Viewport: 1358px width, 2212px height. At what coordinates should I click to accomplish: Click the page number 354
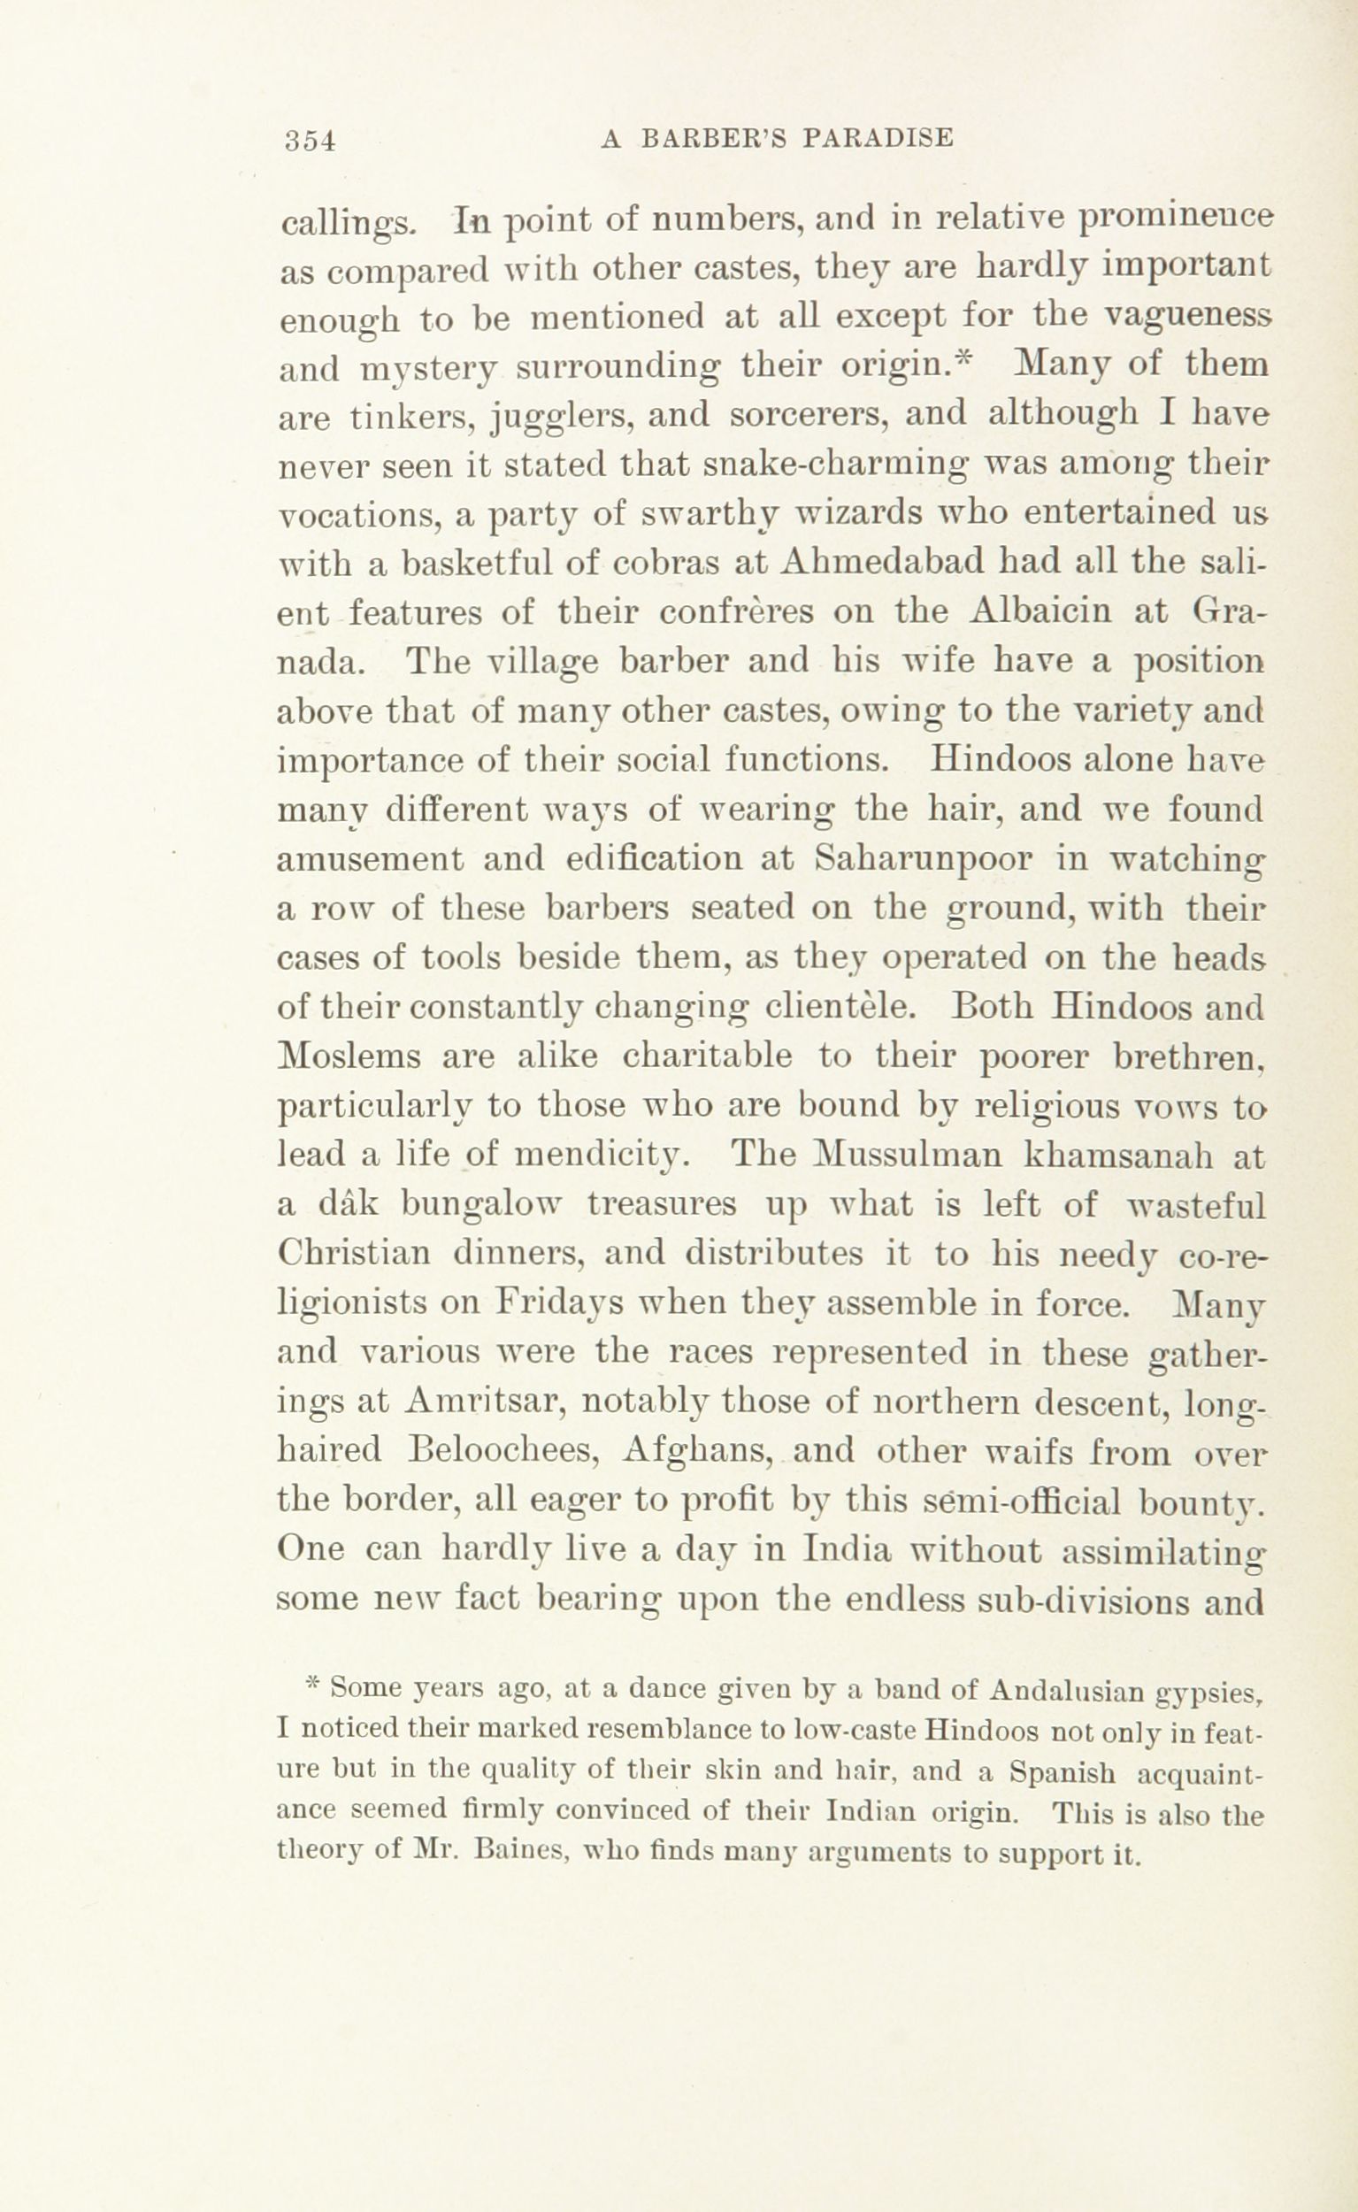coord(309,140)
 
